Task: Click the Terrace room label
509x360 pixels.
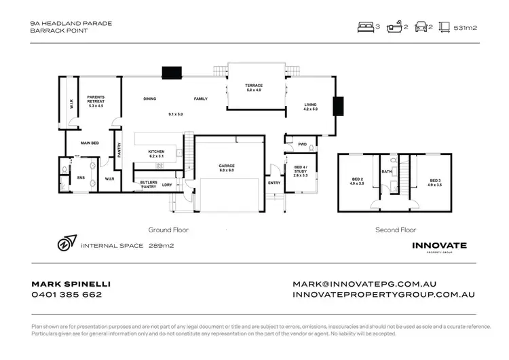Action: click(x=253, y=88)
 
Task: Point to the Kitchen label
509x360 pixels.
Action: click(x=158, y=154)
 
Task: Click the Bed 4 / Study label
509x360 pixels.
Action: click(x=299, y=170)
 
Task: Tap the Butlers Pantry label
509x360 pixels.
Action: click(x=149, y=184)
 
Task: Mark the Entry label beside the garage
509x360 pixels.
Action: click(x=274, y=183)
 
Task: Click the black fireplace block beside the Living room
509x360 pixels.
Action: click(x=336, y=107)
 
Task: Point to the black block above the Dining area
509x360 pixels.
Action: click(x=169, y=72)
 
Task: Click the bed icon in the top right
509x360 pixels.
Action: click(x=365, y=28)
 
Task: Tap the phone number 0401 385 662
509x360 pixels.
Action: click(x=67, y=295)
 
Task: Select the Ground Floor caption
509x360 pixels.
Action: click(x=167, y=230)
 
